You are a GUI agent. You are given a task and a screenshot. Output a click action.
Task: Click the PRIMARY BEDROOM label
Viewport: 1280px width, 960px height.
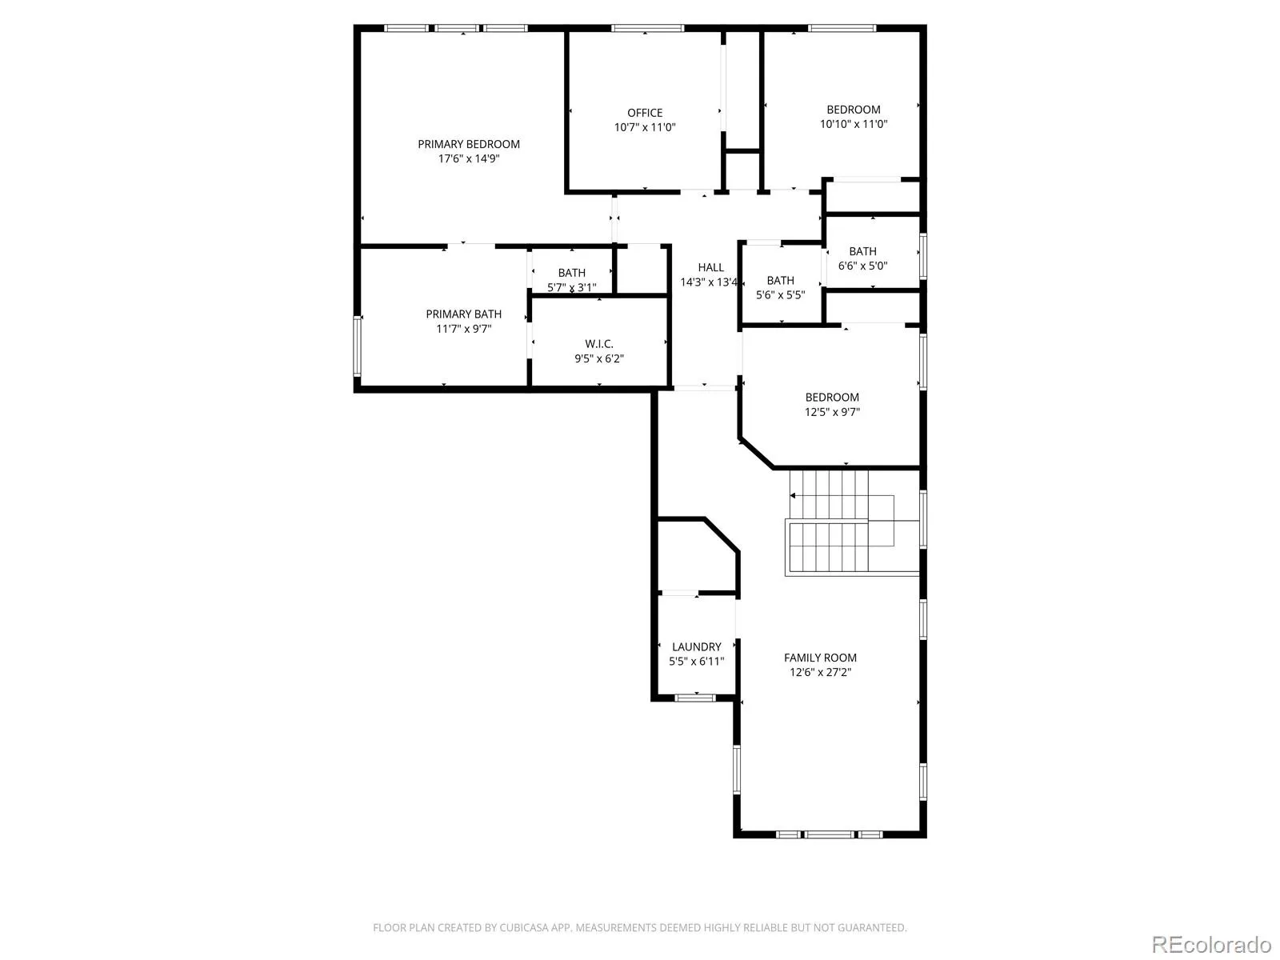[x=468, y=144]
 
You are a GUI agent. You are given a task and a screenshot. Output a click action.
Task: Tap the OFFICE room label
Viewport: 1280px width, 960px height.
[x=644, y=113]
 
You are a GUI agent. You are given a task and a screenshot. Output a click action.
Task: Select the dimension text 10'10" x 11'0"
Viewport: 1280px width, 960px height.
[x=853, y=123]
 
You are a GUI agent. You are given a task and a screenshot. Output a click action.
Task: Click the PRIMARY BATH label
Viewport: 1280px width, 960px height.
[x=463, y=314]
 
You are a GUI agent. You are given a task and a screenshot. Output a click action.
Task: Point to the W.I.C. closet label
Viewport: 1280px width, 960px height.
[x=599, y=344]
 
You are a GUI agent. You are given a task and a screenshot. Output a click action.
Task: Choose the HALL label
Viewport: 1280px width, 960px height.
[x=711, y=267]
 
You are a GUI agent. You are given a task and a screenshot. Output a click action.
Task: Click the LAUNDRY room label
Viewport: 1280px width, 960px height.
[x=696, y=647]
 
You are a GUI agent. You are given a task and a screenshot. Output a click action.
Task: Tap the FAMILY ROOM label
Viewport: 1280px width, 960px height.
[x=820, y=658]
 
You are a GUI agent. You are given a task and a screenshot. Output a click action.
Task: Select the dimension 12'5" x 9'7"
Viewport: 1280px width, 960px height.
[x=832, y=411]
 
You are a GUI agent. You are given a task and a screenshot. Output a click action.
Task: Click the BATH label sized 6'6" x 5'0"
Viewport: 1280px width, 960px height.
[x=862, y=251]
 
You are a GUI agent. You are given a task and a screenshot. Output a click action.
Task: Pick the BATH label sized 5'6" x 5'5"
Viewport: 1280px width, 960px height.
[x=780, y=280]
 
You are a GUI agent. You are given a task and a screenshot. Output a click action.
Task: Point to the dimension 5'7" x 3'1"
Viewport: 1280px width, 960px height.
[x=571, y=287]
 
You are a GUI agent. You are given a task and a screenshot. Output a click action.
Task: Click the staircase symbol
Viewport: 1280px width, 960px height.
[x=851, y=523]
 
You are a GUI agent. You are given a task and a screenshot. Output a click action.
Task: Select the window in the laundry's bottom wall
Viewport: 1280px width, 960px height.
[x=694, y=698]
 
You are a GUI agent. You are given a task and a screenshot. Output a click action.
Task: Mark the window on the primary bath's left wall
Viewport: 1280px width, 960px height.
[x=358, y=346]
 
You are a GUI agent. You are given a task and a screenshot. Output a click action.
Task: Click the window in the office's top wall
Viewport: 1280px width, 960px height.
[x=647, y=28]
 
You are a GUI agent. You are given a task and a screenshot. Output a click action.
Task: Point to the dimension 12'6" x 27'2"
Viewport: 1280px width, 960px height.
[x=820, y=672]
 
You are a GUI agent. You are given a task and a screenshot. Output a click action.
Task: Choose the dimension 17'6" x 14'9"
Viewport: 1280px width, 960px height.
[x=469, y=158]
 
